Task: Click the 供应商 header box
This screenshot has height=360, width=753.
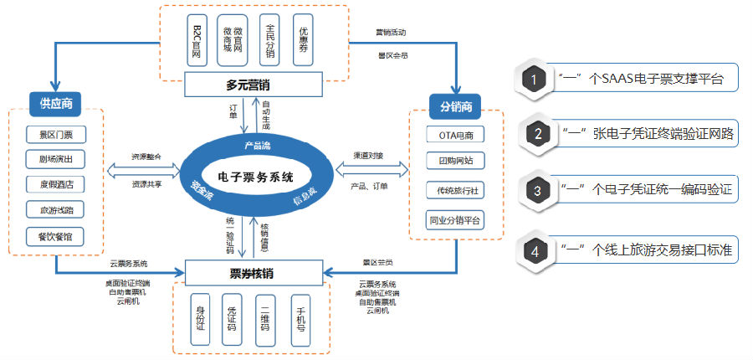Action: (x=55, y=104)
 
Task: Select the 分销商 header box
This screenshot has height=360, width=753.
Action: (x=456, y=106)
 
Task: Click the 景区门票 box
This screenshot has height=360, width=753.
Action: (x=56, y=134)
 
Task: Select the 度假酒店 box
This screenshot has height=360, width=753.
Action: (x=56, y=185)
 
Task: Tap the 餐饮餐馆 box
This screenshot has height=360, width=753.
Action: (x=56, y=236)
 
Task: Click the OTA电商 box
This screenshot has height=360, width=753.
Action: (x=455, y=134)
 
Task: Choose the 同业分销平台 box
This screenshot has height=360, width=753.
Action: (x=455, y=220)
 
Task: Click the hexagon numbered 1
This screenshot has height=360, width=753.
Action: (x=532, y=80)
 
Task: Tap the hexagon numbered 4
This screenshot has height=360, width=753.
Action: (x=532, y=249)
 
